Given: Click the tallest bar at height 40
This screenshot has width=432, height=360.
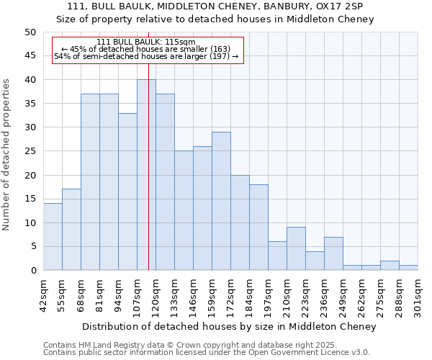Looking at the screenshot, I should [x=146, y=175].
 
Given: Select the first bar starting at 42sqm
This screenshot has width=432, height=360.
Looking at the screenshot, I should [x=53, y=237].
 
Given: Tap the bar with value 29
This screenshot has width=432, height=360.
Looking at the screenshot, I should [x=221, y=201].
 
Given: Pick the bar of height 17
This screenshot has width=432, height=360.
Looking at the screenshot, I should [x=71, y=230].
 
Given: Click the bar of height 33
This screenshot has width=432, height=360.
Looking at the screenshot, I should [x=127, y=192].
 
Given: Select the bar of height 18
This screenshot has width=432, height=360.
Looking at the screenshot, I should [x=258, y=228].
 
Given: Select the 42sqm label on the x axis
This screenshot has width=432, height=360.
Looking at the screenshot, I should [x=44, y=294].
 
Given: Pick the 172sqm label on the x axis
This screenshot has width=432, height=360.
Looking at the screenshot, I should [x=230, y=294].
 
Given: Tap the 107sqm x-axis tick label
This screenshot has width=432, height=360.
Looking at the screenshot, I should [x=137, y=294].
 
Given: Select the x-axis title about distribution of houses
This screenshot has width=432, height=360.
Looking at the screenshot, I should [x=230, y=327].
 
